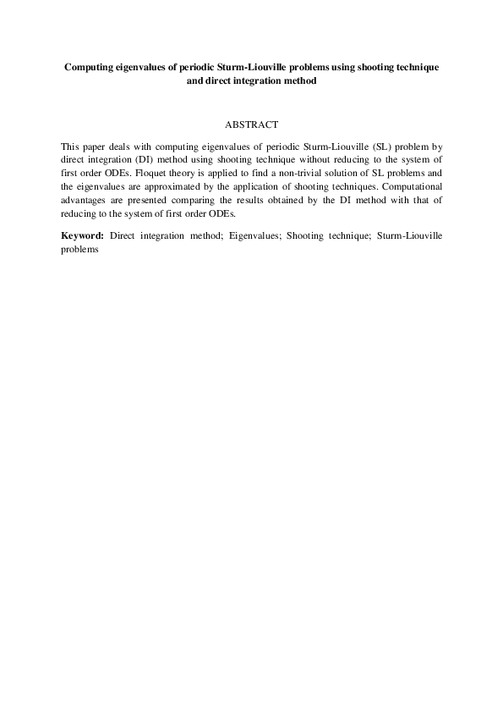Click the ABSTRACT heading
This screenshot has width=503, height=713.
251,124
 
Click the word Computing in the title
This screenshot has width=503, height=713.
91,65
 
